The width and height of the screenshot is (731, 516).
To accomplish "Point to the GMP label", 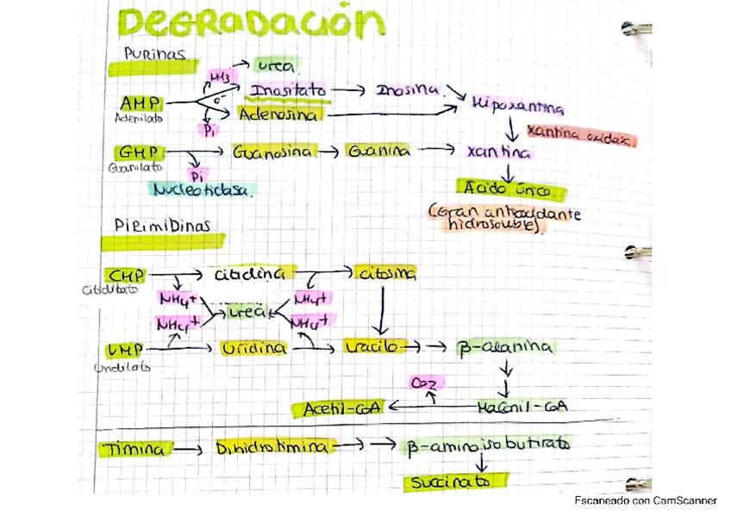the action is [x=138, y=152].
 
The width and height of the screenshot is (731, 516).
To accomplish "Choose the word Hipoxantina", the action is [x=517, y=108].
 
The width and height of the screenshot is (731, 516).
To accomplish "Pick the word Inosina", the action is [x=408, y=89].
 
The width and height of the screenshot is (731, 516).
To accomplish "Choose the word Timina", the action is [x=135, y=449].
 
